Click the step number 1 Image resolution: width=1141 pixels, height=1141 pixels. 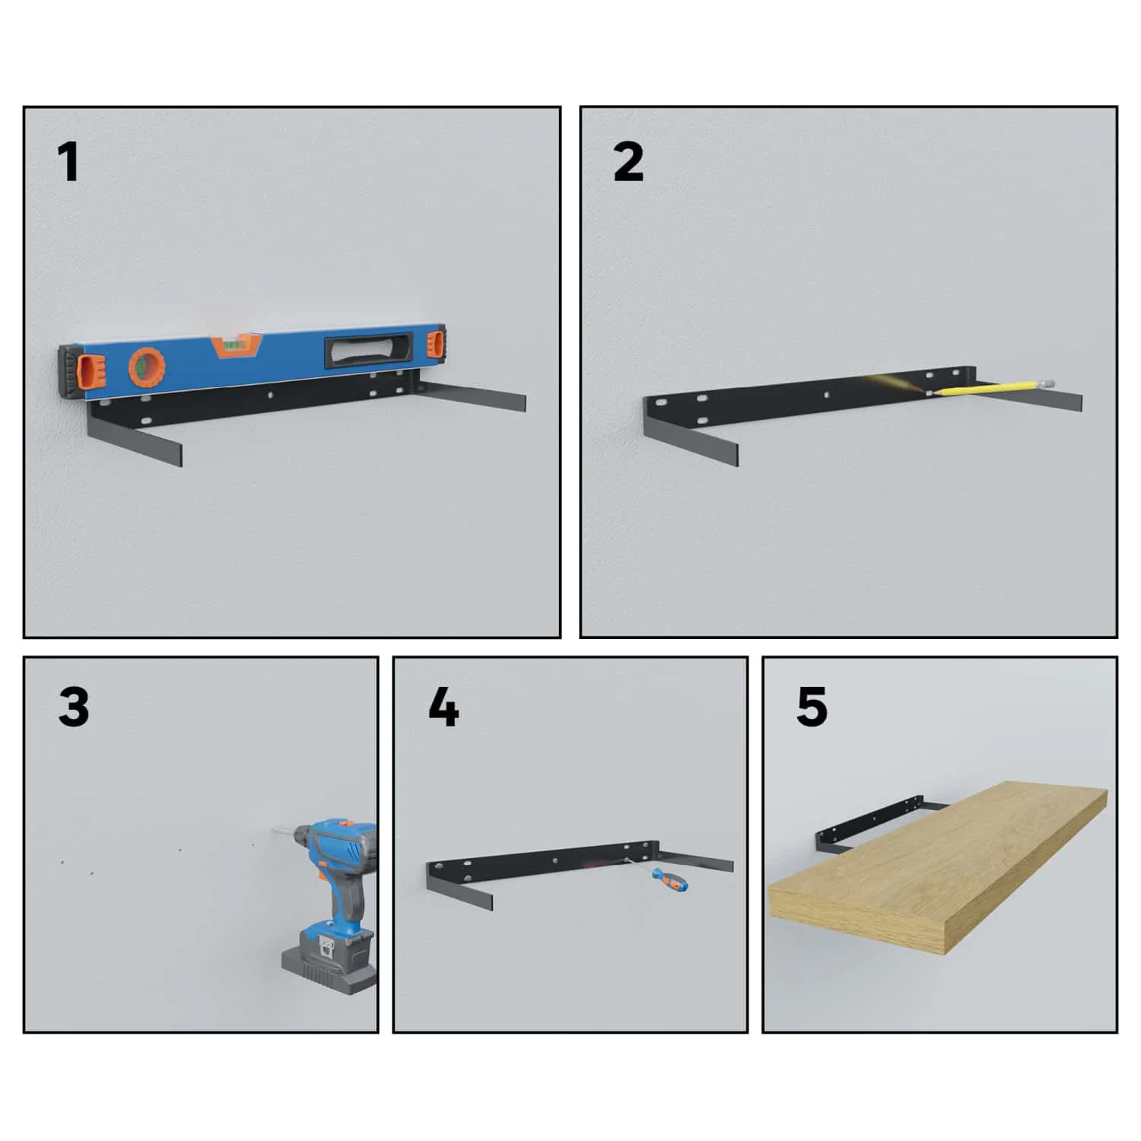pyautogui.click(x=68, y=163)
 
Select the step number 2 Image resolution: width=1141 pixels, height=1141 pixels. pyautogui.click(x=628, y=163)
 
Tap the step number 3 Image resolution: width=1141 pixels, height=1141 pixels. pyautogui.click(x=74, y=707)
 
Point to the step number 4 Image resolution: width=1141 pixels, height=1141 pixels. pyautogui.click(x=443, y=707)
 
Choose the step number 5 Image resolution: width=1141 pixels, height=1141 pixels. pyautogui.click(x=812, y=707)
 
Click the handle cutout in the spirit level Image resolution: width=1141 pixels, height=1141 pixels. pyautogui.click(x=370, y=351)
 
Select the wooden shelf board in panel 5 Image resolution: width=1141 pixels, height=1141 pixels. pyautogui.click(x=937, y=868)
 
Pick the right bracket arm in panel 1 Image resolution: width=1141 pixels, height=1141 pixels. pyautogui.click(x=469, y=397)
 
